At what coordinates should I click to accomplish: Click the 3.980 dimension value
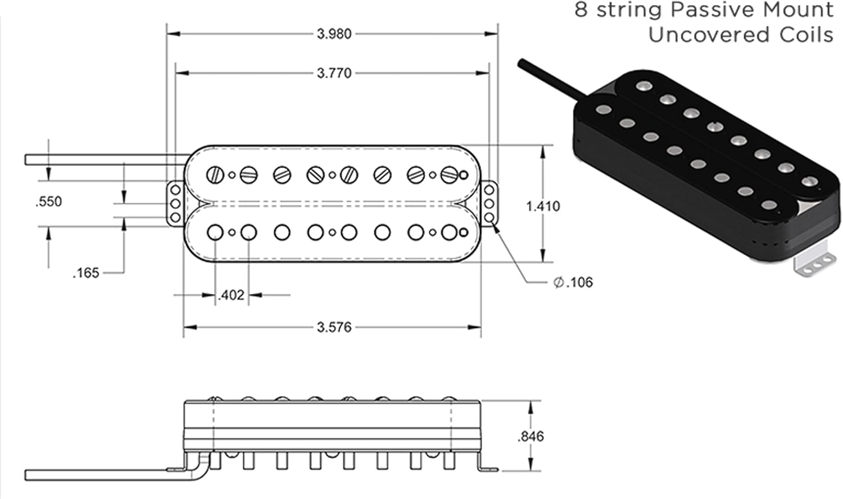point(334,34)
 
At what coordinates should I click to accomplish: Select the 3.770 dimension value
point(334,73)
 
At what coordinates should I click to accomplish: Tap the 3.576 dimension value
point(334,327)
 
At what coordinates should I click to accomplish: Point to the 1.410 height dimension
point(542,206)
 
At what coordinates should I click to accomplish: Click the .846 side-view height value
point(531,436)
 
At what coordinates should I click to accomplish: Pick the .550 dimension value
point(48,202)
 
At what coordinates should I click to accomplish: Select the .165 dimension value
point(85,273)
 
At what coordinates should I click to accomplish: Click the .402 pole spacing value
point(231,295)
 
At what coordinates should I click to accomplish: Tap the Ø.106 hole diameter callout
point(573,282)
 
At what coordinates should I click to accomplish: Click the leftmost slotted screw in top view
point(215,175)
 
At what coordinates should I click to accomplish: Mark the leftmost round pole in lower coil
point(215,232)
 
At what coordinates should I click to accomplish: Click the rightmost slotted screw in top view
point(448,175)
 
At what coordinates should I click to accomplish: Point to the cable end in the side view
point(28,475)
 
